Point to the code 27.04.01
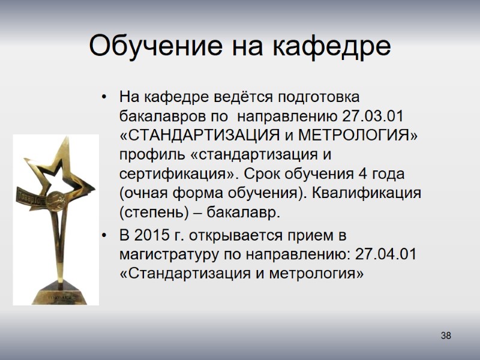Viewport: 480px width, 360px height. click(x=386, y=254)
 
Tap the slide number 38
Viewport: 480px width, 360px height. click(x=445, y=335)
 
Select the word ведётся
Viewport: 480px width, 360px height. click(x=232, y=96)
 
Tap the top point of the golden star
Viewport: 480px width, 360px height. click(x=62, y=139)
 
